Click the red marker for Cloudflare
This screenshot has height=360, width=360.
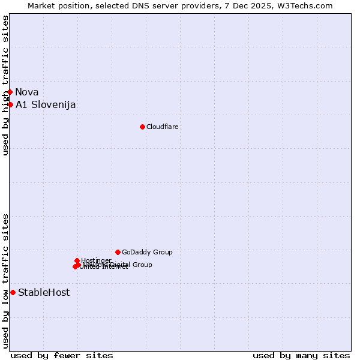(142, 127)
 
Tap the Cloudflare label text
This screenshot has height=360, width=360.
(163, 127)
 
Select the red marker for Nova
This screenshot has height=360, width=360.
(10, 92)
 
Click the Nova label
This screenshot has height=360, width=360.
(27, 92)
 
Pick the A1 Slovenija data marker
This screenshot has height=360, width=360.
(10, 104)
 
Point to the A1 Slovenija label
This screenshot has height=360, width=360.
(46, 104)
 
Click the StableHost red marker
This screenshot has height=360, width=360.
(13, 292)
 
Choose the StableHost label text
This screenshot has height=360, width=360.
(44, 292)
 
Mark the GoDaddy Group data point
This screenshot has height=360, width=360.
(118, 252)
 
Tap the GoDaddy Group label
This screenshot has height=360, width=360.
(147, 252)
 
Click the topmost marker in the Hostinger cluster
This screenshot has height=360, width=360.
(77, 260)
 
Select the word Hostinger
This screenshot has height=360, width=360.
(96, 260)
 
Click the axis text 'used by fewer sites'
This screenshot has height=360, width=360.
(62, 355)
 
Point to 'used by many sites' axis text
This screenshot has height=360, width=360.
(301, 355)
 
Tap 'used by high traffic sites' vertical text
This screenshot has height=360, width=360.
(6, 85)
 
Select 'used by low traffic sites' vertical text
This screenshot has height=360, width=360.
(6, 281)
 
